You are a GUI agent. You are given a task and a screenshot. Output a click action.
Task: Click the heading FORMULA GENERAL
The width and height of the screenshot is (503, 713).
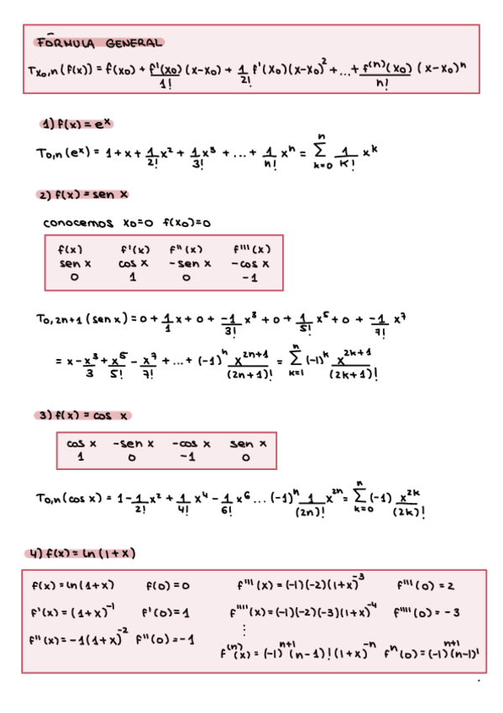(98, 42)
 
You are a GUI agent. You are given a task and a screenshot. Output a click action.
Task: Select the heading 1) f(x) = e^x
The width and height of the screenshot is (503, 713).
(76, 124)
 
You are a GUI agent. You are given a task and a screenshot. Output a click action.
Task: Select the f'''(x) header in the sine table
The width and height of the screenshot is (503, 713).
(251, 249)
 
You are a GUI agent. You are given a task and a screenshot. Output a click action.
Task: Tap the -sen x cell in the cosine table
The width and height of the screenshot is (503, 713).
(134, 443)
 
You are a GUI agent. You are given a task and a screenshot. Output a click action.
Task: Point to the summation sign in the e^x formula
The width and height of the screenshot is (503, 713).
(322, 151)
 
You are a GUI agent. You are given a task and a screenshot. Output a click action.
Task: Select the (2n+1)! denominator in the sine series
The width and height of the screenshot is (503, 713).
(249, 376)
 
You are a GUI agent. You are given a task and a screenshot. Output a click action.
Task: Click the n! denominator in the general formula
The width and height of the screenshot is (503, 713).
(382, 83)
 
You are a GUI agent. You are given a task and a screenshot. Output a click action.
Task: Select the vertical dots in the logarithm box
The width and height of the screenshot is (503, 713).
(244, 630)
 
